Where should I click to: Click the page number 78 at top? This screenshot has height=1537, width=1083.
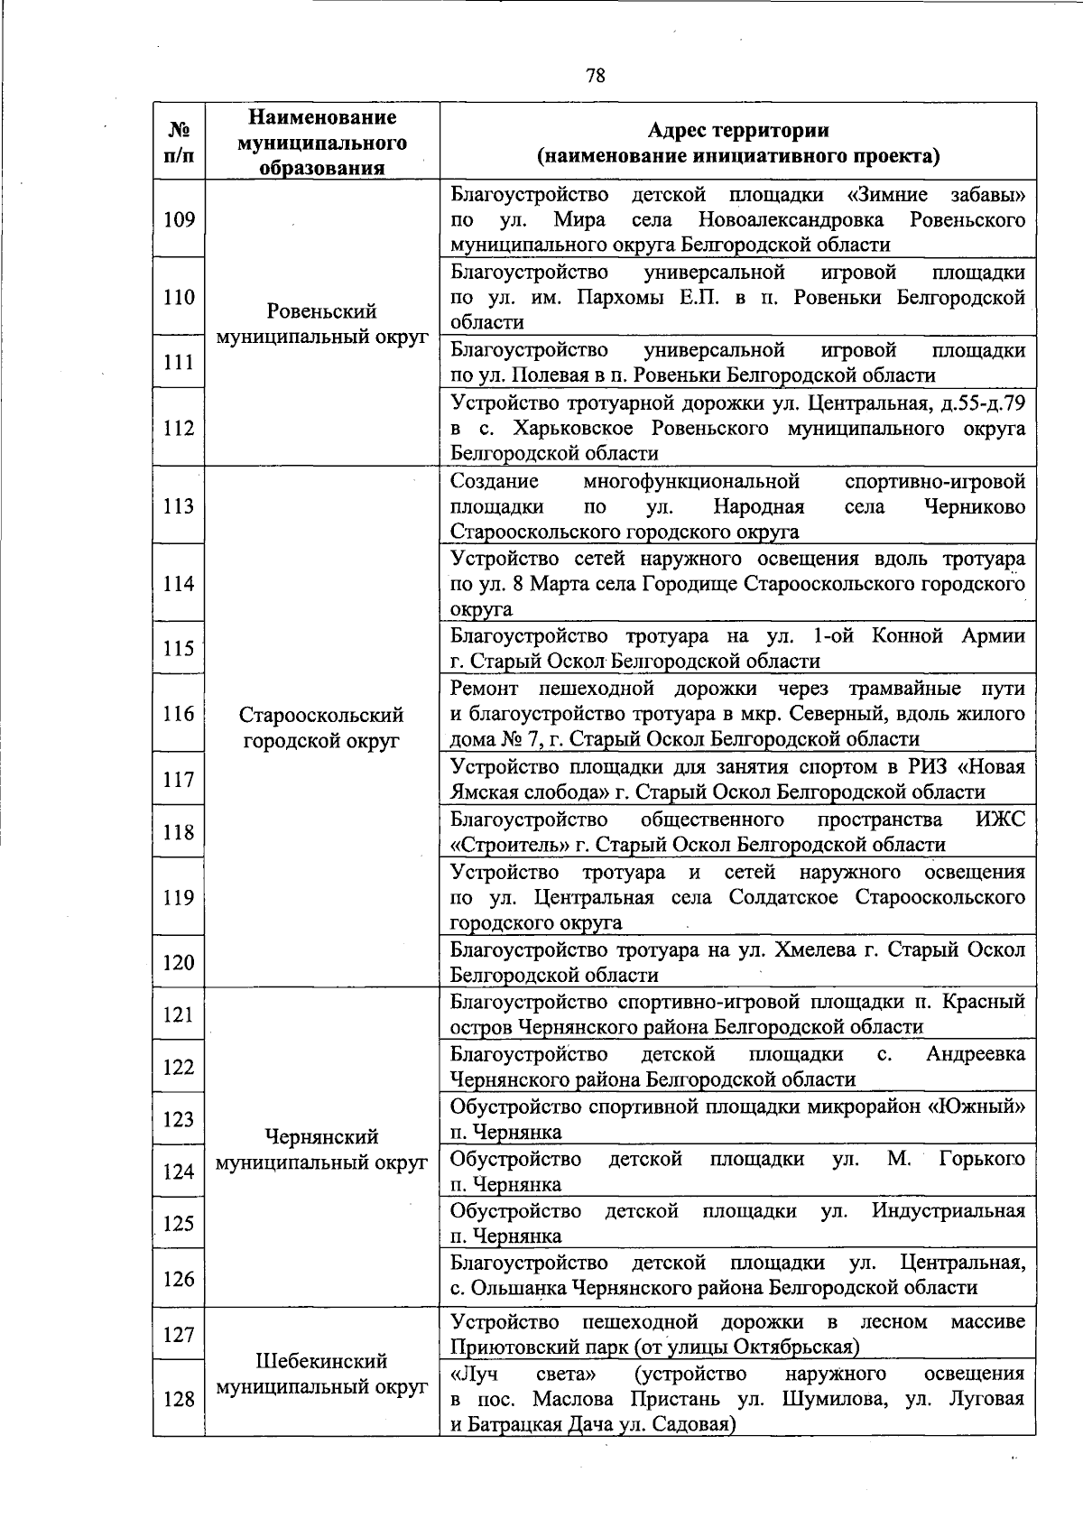pos(595,76)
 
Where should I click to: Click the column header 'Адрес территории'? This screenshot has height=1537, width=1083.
pos(737,130)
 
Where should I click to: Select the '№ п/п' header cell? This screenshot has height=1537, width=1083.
pos(179,142)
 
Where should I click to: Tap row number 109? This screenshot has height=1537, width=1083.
pos(179,219)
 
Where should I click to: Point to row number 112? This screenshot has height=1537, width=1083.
pos(179,428)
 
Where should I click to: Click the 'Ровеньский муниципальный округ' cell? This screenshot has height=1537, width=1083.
pos(322,324)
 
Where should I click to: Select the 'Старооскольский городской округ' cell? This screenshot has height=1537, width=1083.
pos(322,727)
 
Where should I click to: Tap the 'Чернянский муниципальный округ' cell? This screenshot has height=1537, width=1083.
pos(322,1149)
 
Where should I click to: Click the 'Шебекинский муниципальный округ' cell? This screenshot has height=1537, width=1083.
pos(322,1373)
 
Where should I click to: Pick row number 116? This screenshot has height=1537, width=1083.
pos(179,714)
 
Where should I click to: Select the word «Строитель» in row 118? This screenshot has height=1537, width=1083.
pos(505,845)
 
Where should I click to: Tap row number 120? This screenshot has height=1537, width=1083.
pos(179,962)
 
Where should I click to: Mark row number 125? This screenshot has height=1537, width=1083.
pos(179,1223)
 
